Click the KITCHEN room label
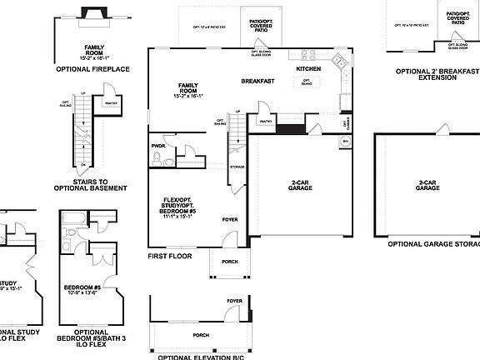(x=309, y=69)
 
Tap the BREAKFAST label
(x=258, y=82)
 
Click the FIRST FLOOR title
(x=170, y=256)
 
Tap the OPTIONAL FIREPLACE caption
(x=92, y=68)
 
